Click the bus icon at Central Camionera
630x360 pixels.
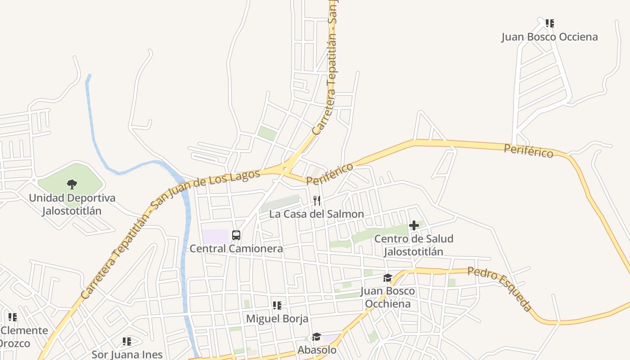coord(236,235)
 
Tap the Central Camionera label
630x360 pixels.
coord(236,248)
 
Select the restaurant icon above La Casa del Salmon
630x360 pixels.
coord(317,201)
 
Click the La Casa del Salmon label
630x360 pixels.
coord(316,214)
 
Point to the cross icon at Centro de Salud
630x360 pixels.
coord(414,225)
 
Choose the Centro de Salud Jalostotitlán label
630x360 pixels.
coord(414,245)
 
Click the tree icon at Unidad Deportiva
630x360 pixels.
coord(72,184)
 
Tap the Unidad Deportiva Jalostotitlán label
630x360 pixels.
coord(72,204)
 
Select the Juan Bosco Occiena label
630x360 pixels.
coord(549,37)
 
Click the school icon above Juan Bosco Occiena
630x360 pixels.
coord(549,23)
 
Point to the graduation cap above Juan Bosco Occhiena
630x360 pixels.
coord(388,278)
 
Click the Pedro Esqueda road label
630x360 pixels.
coord(499,289)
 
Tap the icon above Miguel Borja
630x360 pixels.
coord(277,306)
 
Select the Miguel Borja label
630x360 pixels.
coord(277,319)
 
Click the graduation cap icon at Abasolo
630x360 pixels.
coord(317,337)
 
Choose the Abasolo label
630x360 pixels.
coord(317,350)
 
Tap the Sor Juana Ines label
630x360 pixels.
coord(127,354)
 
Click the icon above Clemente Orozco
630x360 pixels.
coord(13,317)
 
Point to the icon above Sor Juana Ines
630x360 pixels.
coord(127,342)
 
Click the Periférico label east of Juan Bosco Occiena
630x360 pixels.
coord(528,151)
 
